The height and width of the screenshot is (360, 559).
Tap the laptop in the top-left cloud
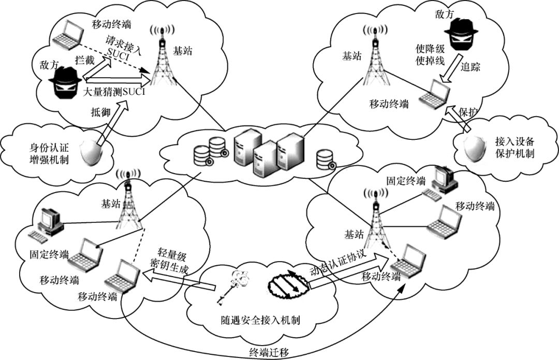click(68, 34)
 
